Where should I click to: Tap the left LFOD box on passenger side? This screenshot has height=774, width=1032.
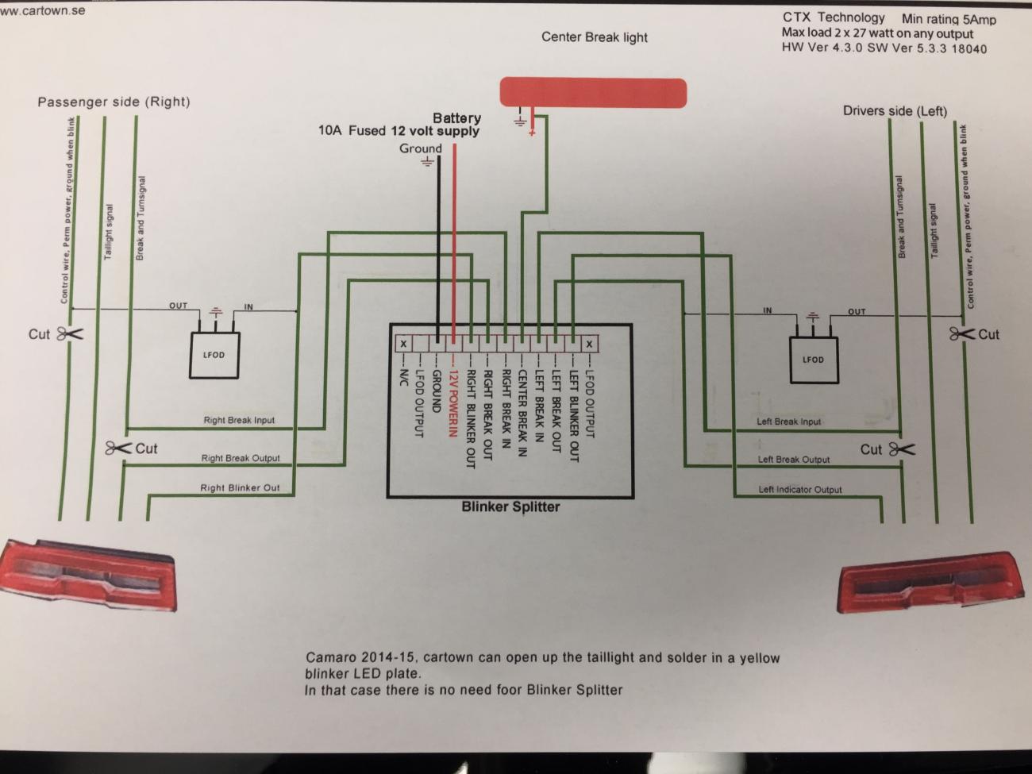[214, 354]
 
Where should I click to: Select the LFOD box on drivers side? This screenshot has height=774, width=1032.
[813, 359]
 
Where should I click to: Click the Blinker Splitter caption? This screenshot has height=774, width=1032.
[510, 506]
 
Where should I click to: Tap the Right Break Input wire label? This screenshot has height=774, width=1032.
[239, 420]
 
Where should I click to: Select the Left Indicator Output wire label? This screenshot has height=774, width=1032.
[799, 490]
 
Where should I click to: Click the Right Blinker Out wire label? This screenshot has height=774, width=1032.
[240, 487]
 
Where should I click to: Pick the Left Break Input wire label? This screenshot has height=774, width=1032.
[788, 422]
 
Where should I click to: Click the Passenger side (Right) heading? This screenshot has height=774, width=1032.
[114, 102]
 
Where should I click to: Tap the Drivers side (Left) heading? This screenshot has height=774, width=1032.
[895, 111]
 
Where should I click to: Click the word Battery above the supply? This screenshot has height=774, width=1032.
[456, 118]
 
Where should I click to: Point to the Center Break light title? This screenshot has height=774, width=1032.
[594, 37]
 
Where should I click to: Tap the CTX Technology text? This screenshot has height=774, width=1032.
[833, 17]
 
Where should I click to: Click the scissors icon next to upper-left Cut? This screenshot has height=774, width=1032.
[69, 334]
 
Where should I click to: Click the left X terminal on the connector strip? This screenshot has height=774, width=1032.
[403, 344]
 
